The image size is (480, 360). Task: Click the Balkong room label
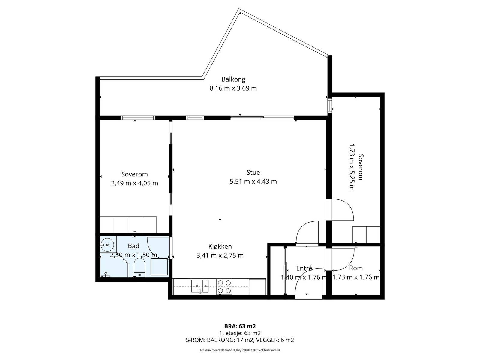(x=233, y=79)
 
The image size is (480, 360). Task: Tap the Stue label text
(x=253, y=172)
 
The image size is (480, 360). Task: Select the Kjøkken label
(x=220, y=247)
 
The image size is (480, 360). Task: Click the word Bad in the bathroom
(x=133, y=246)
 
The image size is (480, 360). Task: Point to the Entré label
(x=304, y=268)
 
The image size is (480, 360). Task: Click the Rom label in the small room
(x=356, y=268)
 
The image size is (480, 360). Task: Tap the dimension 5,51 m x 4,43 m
(x=253, y=181)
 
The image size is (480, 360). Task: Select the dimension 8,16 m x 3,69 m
(x=233, y=88)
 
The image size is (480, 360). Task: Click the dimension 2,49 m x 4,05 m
(x=134, y=183)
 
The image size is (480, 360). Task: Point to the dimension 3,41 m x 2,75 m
(x=220, y=256)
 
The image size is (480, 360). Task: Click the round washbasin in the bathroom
(x=107, y=245)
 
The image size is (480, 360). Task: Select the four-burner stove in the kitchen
(x=224, y=286)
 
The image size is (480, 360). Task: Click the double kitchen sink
(x=200, y=286)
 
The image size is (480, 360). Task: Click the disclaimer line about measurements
(x=240, y=350)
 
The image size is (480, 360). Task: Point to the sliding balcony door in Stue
(x=262, y=118)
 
